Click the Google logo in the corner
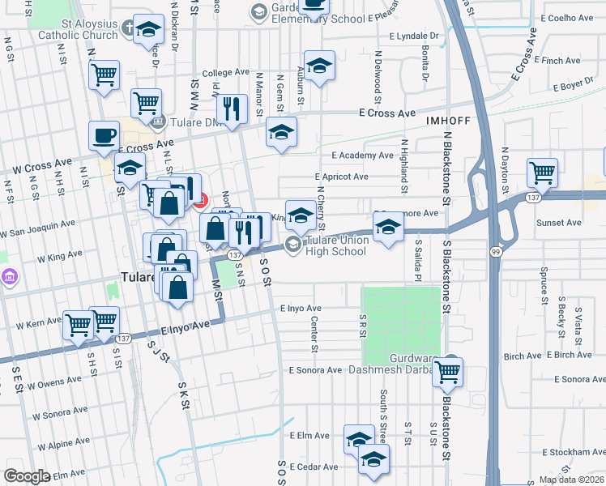click(27, 476)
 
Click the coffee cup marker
click(103, 137)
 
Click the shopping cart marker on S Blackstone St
click(448, 372)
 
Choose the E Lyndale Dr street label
click(413, 36)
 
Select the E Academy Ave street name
click(362, 156)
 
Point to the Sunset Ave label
click(559, 222)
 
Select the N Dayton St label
click(504, 169)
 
